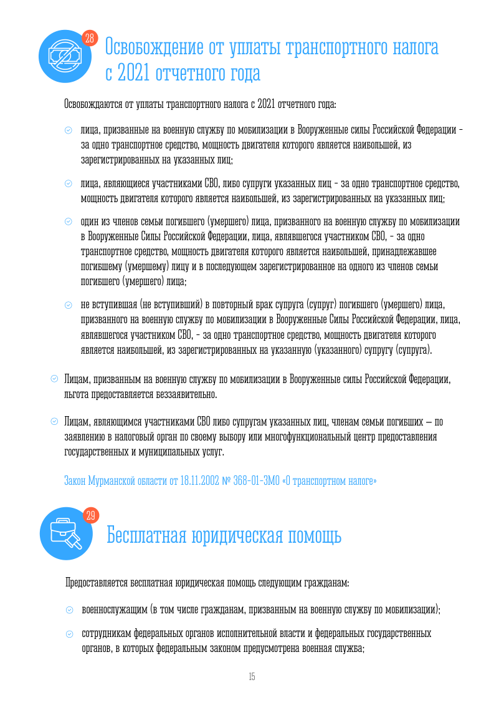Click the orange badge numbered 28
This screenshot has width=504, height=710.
89,39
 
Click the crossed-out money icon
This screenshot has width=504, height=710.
62,56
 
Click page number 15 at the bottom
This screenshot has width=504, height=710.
252,677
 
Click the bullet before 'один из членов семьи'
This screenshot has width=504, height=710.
69,221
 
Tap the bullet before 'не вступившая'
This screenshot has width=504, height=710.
69,304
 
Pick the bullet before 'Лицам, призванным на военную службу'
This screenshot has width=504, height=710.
54,379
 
